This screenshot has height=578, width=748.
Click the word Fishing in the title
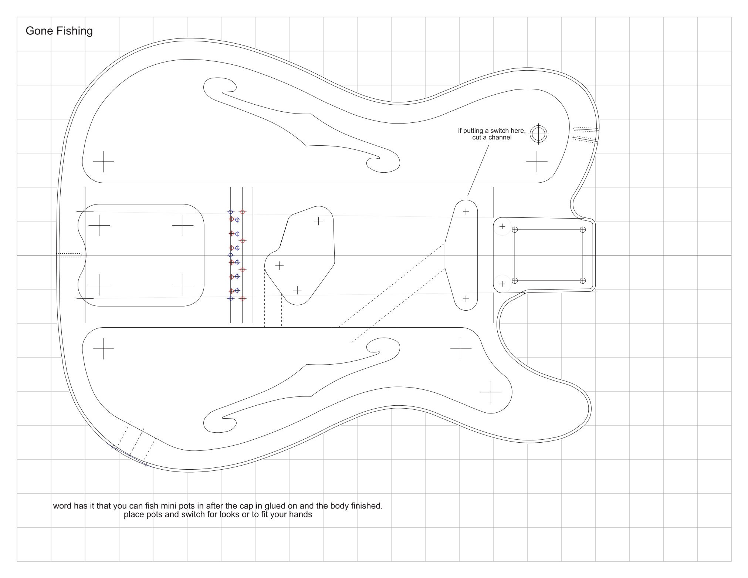coord(74,31)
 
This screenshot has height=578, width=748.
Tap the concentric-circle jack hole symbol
coord(539,134)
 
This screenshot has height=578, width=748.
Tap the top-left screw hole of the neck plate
coord(515,230)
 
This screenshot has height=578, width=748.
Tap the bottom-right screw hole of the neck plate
coord(583,280)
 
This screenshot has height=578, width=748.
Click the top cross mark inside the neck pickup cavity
coord(466,212)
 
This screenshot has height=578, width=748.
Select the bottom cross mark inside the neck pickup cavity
coord(466,298)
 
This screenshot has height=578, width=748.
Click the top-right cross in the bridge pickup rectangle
coord(183,225)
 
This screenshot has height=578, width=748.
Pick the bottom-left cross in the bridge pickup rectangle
coord(99,285)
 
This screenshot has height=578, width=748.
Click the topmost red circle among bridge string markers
coord(243,212)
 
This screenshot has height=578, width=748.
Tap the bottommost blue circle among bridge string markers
coord(231,298)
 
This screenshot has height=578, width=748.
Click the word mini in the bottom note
coord(169,506)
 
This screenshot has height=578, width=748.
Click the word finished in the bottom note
coord(367,506)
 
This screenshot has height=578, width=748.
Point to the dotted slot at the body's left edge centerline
coord(69,255)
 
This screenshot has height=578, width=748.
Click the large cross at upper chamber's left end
coord(104,162)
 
